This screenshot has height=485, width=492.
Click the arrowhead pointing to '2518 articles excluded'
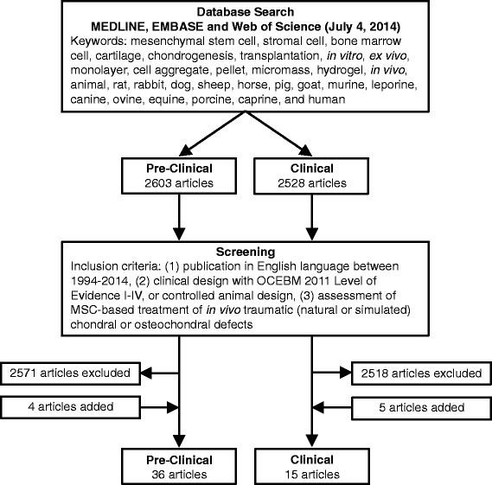point(350,373)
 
